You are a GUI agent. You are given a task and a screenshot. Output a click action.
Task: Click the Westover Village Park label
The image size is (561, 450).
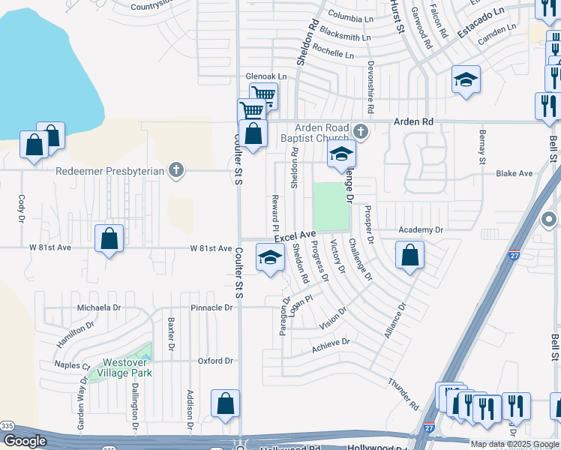(x=123, y=367)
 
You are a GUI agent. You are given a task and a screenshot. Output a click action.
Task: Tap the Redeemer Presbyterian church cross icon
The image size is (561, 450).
(x=176, y=170)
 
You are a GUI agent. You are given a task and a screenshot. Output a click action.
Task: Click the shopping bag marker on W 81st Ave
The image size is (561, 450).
(x=109, y=240)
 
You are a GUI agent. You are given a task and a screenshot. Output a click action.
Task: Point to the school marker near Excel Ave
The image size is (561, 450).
(x=270, y=258)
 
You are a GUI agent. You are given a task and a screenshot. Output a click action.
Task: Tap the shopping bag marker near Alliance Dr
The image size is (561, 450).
(x=410, y=256)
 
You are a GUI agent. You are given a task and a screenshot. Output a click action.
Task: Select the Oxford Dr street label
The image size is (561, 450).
(x=215, y=361)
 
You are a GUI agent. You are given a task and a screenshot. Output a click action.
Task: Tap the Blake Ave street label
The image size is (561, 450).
(x=514, y=173)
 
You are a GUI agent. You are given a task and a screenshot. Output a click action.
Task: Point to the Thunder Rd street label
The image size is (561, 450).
(x=403, y=394)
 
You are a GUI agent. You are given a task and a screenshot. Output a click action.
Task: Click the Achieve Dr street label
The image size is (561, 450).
(x=331, y=343)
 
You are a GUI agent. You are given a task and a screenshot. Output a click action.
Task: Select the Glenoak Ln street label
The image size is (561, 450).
(x=266, y=76)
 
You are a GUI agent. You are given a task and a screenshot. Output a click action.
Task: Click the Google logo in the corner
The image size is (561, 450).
(x=25, y=441)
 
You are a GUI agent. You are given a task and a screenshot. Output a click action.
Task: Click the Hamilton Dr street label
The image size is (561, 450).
(x=75, y=335)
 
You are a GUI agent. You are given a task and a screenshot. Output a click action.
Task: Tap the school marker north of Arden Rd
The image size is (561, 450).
(x=466, y=80)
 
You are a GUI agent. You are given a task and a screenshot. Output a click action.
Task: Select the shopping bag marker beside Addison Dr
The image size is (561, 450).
(x=225, y=405)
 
